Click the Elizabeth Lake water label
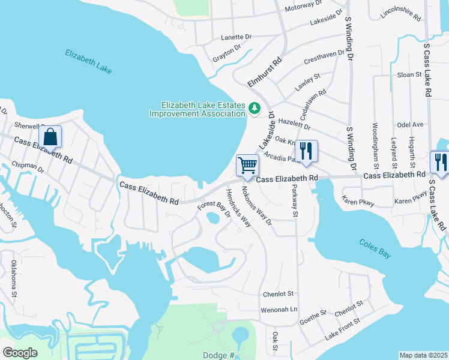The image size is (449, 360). [89, 61]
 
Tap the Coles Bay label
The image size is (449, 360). [375, 248]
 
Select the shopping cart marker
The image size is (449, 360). [247, 166]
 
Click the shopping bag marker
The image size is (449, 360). [51, 137]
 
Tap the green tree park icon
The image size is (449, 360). [255, 109]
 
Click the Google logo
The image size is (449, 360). [20, 353]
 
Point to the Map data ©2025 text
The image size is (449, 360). [424, 355]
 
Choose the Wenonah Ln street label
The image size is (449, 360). [279, 310]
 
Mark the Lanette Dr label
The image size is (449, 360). [237, 37]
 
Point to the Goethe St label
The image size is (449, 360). [313, 317]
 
